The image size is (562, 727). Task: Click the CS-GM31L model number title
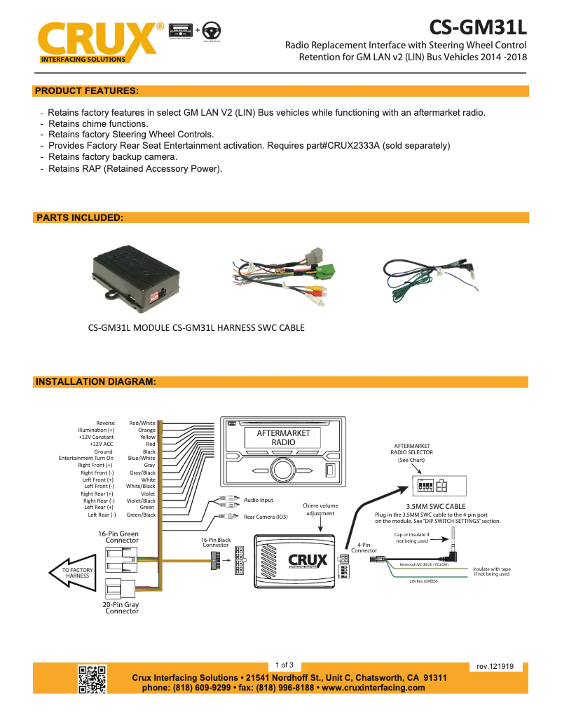coord(477,27)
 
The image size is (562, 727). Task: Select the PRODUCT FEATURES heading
coord(86,90)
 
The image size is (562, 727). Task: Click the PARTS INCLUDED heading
coord(79,218)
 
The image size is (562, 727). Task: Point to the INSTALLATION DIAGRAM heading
coord(95,382)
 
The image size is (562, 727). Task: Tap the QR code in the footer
coord(92,679)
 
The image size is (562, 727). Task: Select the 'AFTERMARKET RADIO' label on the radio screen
coord(283,437)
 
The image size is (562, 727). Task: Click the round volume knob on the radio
coord(284,470)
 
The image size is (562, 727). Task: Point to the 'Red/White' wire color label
coord(142,423)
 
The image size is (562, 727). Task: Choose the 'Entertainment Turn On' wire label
coord(85,458)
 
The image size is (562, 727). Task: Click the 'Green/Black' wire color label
coord(141,515)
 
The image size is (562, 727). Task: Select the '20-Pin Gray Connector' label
coord(121,607)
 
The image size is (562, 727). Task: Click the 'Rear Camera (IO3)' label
coord(266,517)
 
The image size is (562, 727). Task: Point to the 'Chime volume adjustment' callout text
coord(320,509)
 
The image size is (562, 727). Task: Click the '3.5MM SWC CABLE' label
coord(436,505)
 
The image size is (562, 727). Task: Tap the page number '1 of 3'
coord(285,665)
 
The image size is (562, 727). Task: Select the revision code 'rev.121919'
coord(495,667)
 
